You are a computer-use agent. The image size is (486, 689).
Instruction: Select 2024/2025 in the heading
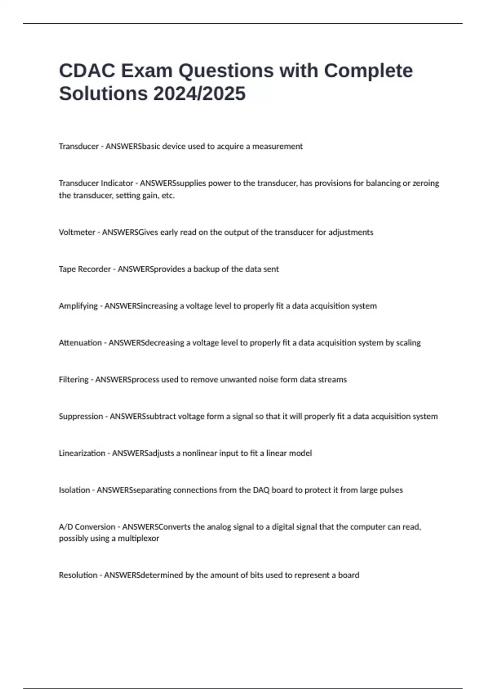(x=199, y=93)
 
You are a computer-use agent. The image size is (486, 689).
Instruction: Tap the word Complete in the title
(x=368, y=71)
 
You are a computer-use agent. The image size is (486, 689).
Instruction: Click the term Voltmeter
(x=77, y=232)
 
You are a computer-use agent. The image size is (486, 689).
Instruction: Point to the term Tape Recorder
(x=85, y=269)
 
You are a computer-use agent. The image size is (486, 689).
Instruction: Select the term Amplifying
(x=78, y=306)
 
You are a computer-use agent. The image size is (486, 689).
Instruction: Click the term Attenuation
(x=80, y=343)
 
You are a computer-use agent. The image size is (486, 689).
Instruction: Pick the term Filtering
(x=74, y=380)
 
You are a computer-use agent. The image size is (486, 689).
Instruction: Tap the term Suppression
(x=81, y=416)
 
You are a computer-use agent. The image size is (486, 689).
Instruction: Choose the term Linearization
(x=82, y=453)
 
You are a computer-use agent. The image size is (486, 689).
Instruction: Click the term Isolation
(x=75, y=490)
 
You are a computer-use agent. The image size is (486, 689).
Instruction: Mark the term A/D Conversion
(x=87, y=527)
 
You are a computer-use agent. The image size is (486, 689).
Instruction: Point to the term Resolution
(x=78, y=575)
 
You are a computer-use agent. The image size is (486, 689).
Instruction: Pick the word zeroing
(x=426, y=183)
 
